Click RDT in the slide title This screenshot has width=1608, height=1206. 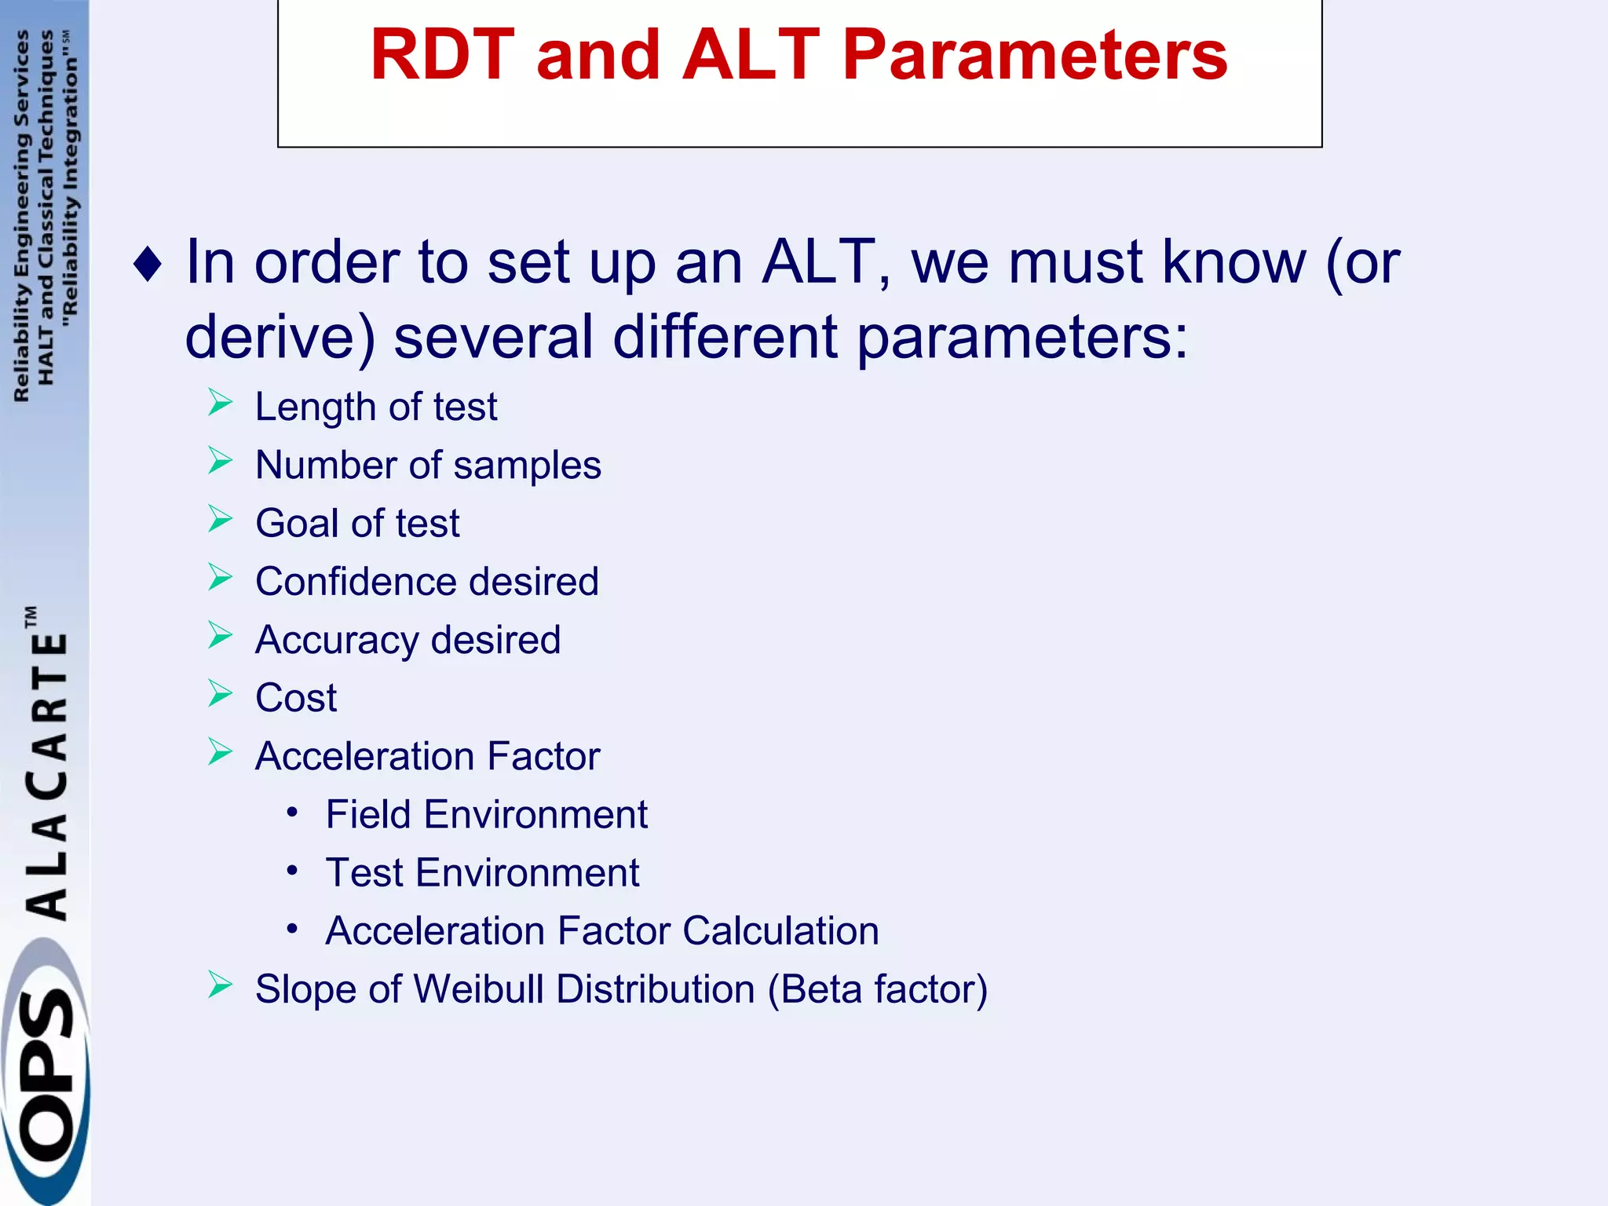[442, 55]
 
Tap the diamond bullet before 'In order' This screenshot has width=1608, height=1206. [148, 264]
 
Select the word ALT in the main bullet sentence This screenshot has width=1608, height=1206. [819, 262]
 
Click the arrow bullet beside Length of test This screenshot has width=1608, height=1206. [220, 404]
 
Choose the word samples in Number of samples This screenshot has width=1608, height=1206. [527, 465]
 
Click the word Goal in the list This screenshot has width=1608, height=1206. [297, 524]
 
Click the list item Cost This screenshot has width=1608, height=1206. [296, 698]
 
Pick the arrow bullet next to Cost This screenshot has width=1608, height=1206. [220, 694]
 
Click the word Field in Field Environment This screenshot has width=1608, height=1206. [368, 814]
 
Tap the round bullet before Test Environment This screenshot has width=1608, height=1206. [292, 870]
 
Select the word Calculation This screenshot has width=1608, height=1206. [780, 931]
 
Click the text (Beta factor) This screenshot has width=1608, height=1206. [877, 989]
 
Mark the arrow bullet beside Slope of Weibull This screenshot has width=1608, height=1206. [220, 985]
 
